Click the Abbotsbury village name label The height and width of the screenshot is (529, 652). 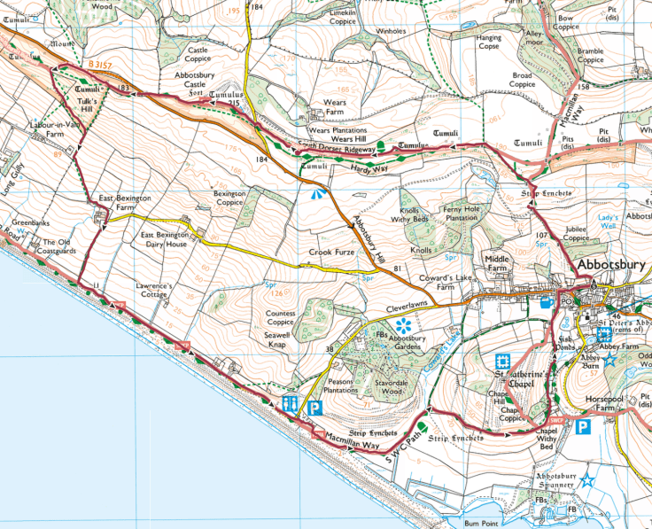(611, 265)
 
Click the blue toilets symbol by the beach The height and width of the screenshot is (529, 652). (290, 403)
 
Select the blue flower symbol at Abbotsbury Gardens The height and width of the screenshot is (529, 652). (406, 324)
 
